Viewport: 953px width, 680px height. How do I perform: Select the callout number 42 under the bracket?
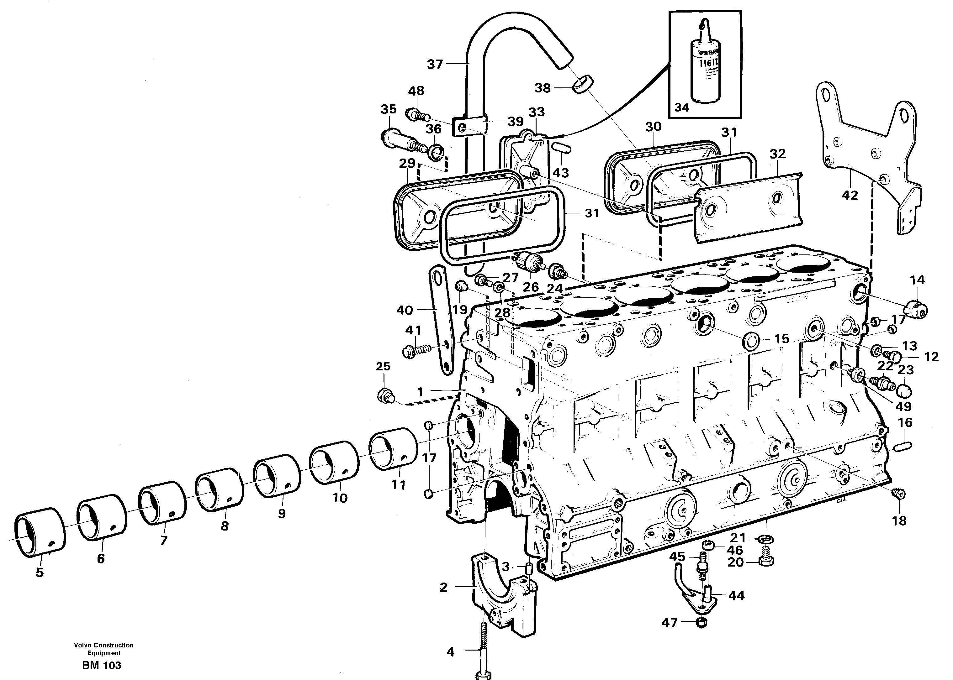850,195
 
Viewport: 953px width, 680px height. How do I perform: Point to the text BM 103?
102,665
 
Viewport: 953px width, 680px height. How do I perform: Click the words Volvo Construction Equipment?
104,649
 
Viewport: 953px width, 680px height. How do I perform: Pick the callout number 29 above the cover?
407,163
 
